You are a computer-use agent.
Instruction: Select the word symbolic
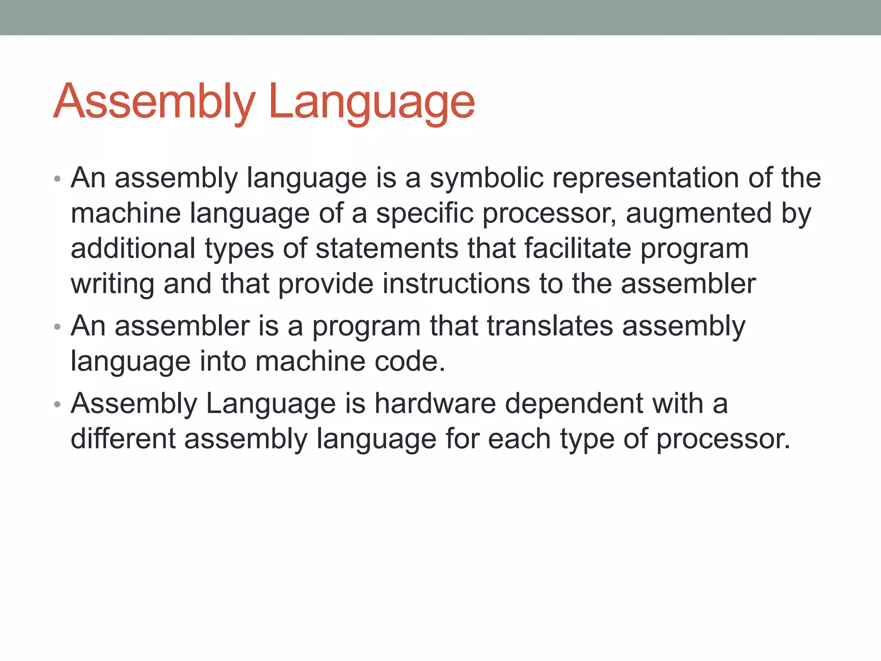[487, 178]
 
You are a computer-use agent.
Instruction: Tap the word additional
[133, 248]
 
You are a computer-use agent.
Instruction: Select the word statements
[387, 248]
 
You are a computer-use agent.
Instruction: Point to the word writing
[112, 284]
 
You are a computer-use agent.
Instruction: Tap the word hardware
[435, 403]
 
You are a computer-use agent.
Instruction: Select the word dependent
[574, 403]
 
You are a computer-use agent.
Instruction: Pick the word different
[123, 439]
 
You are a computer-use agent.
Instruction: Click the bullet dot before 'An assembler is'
[57, 327]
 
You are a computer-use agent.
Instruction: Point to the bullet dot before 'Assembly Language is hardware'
[57, 405]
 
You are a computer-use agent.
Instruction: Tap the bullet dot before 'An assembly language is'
[57, 179]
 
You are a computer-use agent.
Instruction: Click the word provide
[326, 284]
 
